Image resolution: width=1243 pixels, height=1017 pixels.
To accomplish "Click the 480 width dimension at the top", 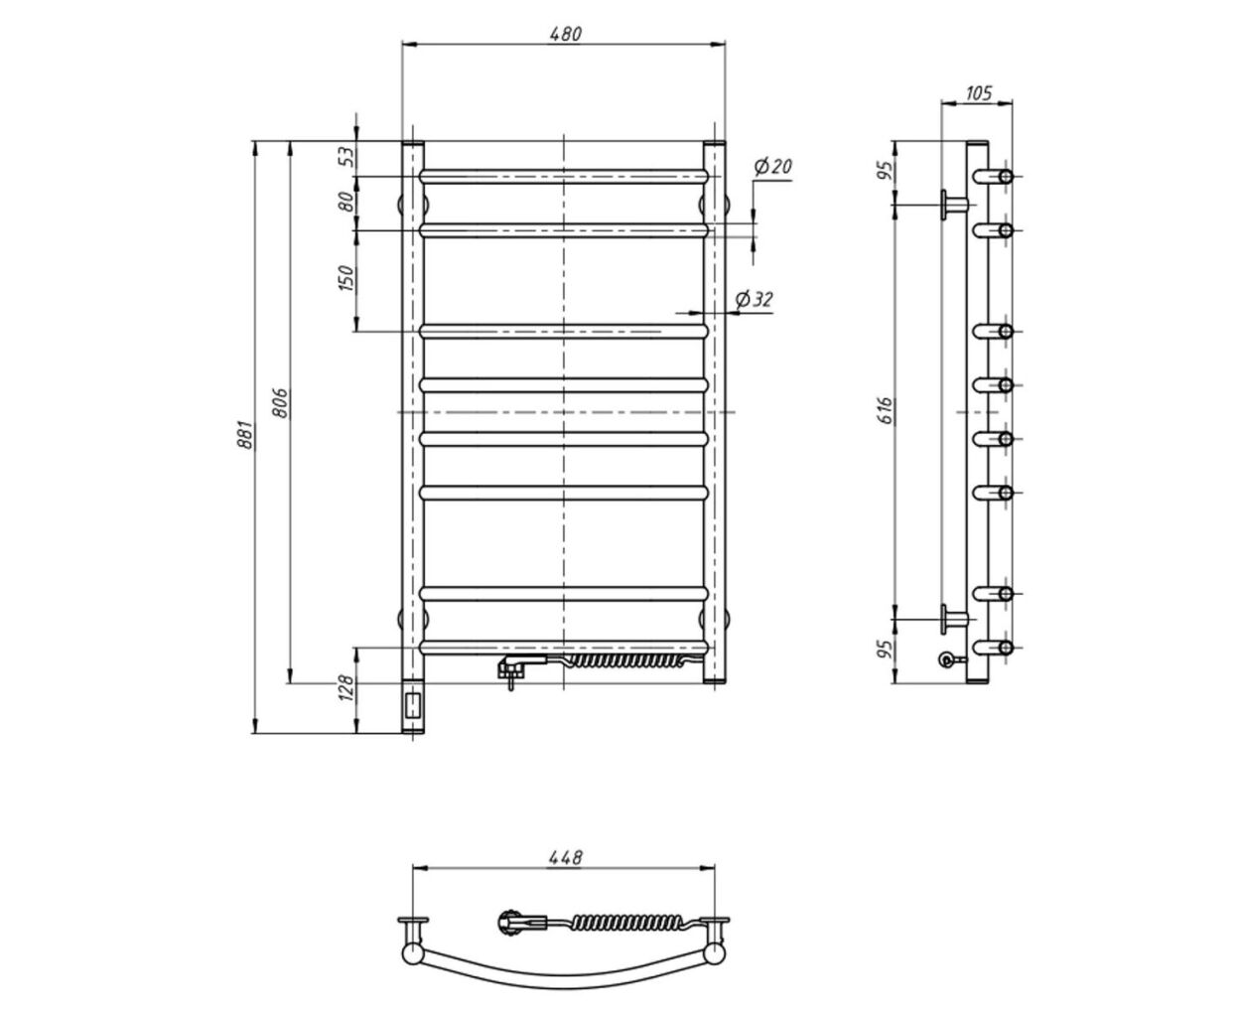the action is [565, 34].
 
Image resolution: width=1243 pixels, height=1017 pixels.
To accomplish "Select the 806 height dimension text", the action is [281, 402].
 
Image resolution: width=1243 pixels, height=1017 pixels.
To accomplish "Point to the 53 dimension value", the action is [347, 156].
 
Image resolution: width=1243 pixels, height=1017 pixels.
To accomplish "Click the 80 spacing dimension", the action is [347, 202].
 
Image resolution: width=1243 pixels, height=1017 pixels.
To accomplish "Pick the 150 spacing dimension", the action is [347, 278].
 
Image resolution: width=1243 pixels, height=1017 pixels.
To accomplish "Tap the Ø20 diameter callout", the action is [772, 167].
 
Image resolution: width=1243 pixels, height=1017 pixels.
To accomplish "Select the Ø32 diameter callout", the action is [754, 300].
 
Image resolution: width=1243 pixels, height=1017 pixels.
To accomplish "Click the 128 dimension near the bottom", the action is [347, 687].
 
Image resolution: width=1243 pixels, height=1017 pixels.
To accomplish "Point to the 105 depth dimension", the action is [979, 93].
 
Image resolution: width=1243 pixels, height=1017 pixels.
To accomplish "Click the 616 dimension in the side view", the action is [886, 411].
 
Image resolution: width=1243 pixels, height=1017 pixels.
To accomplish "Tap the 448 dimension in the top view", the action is [565, 857].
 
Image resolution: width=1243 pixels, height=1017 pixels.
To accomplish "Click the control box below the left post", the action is [413, 706].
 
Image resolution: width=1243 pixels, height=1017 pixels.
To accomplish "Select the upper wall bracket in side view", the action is [954, 205].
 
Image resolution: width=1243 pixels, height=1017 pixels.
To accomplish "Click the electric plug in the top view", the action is [521, 921].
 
